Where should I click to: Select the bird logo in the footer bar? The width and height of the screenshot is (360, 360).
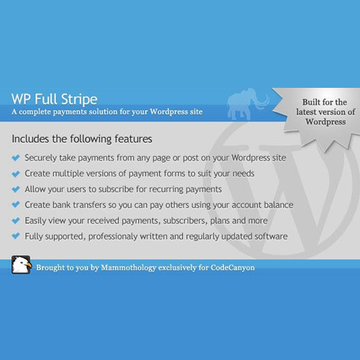pyautogui.click(x=21, y=265)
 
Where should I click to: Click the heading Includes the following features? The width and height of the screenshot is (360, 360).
pyautogui.click(x=82, y=137)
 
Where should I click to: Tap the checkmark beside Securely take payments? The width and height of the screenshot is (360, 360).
pyautogui.click(x=16, y=157)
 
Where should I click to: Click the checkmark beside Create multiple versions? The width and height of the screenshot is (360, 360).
pyautogui.click(x=16, y=173)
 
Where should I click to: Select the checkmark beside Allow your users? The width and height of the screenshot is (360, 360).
pyautogui.click(x=16, y=189)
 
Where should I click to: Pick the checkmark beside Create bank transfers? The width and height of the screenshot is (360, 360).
pyautogui.click(x=16, y=204)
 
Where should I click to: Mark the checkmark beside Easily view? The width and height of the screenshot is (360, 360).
pyautogui.click(x=16, y=220)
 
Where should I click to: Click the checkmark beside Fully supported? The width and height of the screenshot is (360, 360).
pyautogui.click(x=16, y=236)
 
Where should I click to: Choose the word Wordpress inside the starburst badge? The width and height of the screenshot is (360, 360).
pyautogui.click(x=324, y=122)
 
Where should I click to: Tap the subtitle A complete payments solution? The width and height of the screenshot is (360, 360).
pyautogui.click(x=107, y=113)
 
